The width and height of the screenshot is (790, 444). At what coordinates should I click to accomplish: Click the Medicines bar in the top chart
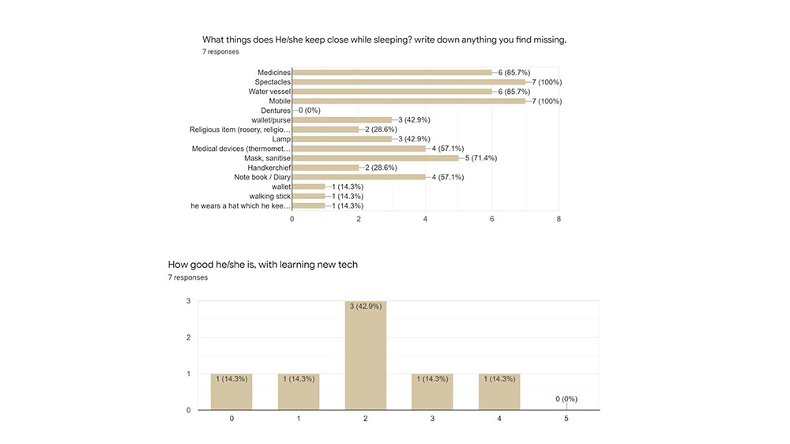click(x=392, y=73)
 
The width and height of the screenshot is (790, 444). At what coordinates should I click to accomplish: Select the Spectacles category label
click(x=273, y=82)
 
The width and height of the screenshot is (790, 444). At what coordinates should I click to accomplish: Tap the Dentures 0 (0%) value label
click(x=309, y=111)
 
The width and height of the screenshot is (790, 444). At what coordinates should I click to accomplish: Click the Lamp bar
click(x=342, y=139)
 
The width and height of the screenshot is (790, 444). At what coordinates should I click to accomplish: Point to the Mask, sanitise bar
click(x=375, y=158)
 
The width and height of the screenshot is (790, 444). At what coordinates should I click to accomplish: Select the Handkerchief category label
click(x=269, y=167)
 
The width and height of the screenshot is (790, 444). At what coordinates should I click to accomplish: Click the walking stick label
click(x=270, y=196)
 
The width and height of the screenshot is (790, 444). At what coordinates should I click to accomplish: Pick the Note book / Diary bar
click(x=359, y=177)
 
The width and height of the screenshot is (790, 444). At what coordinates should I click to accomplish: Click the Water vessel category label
click(x=269, y=92)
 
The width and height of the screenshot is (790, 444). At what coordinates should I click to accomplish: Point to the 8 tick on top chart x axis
click(x=559, y=219)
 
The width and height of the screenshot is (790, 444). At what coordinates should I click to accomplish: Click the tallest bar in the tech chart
click(x=366, y=356)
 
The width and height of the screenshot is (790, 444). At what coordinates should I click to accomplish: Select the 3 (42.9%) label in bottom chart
click(x=366, y=307)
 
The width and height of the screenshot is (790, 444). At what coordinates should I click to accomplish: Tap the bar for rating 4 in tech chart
click(x=499, y=392)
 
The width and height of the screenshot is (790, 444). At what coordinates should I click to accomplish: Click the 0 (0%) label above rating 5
click(x=566, y=399)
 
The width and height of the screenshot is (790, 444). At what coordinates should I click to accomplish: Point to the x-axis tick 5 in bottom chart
click(x=566, y=418)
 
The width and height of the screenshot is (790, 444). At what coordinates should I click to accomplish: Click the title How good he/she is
click(x=262, y=265)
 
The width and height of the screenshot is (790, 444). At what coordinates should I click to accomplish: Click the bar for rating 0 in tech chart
click(x=231, y=392)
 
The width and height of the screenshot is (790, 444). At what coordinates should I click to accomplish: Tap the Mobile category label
click(x=279, y=101)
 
